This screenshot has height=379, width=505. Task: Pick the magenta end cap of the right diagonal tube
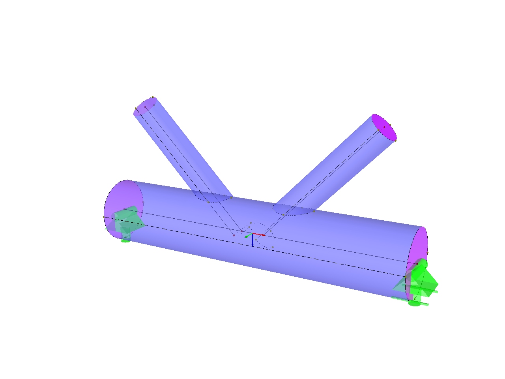click(384, 128)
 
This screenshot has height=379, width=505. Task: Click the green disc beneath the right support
click(414, 303)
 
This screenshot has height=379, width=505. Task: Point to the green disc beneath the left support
click(125, 240)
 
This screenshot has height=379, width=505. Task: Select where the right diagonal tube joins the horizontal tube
click(294, 209)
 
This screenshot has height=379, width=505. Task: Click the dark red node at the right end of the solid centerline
click(417, 263)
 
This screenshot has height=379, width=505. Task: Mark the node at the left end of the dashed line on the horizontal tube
click(104, 217)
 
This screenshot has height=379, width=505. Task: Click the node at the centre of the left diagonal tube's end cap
click(145, 106)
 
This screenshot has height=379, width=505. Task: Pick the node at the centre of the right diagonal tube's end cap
click(383, 128)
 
